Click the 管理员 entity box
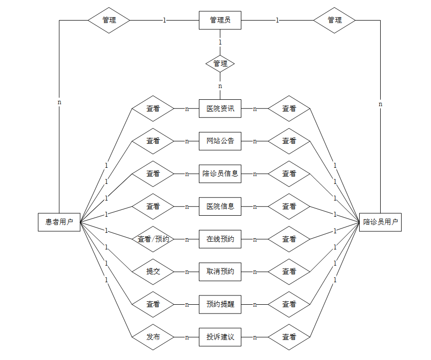220,20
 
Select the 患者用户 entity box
59,222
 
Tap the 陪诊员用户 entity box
380,222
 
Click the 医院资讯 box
220,109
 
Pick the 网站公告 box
220,141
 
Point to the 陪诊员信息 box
220,174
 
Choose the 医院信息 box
220,206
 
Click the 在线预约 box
220,239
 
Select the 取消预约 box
220,271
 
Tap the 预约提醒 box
220,304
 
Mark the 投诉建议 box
220,337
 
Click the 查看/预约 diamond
153,239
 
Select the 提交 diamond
153,271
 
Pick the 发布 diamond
153,337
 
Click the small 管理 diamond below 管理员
220,64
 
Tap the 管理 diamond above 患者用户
109,20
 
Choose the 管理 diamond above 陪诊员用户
334,20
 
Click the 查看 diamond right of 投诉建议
289,337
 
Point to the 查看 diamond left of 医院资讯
153,109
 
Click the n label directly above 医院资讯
220,86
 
